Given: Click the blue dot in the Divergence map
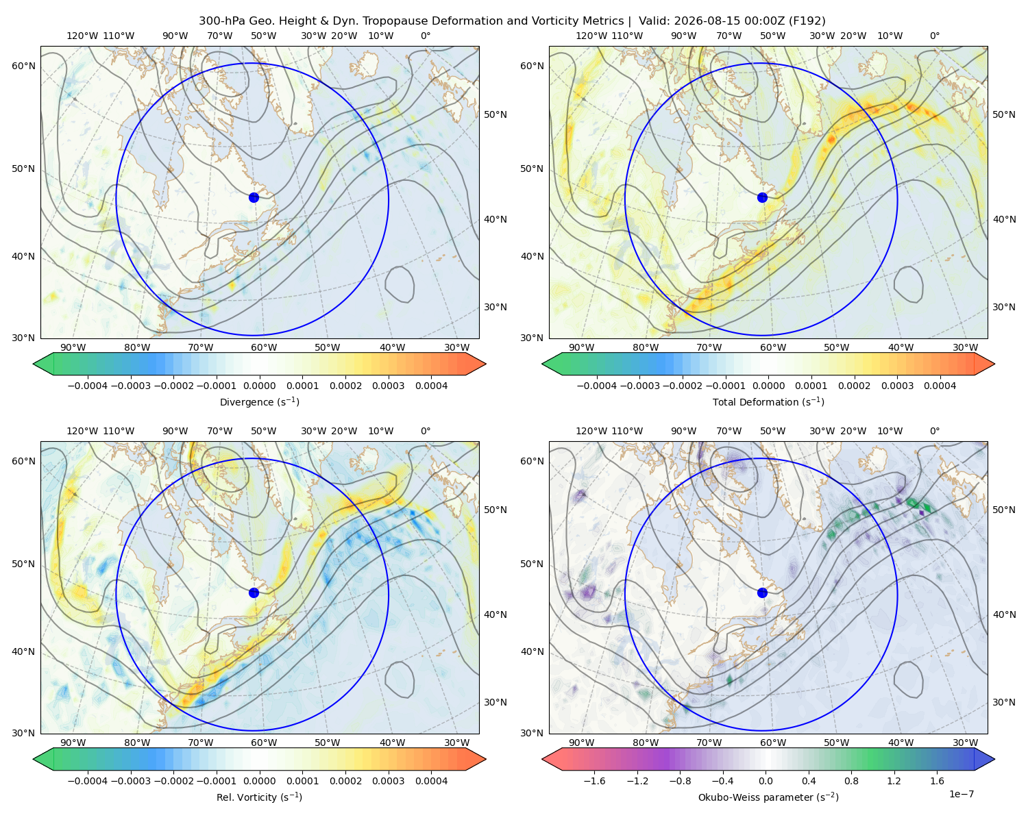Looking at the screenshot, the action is point(254,197).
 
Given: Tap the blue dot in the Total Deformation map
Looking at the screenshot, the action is point(762,197).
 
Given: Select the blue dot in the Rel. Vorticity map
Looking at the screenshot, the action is point(254,593).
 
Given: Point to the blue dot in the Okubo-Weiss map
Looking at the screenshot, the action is point(762,593).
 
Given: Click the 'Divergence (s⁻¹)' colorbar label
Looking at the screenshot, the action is point(259,401).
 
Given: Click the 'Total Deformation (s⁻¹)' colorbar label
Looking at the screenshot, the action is point(768,401).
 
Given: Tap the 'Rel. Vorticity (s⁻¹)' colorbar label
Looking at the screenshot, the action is point(259,797).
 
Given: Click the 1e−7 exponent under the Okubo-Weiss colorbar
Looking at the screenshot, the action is point(961,795).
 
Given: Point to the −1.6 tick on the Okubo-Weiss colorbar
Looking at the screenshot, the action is point(594,781).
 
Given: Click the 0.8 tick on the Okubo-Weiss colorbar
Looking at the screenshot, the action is point(851,781).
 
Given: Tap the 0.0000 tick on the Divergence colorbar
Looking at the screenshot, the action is point(259,386).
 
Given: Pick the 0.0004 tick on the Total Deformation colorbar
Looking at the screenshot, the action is point(940,386).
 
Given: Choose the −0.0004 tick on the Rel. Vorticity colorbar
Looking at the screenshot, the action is point(88,781).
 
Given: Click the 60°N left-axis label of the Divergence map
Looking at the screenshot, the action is point(23,66).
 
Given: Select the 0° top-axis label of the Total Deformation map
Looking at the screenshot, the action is point(934,36).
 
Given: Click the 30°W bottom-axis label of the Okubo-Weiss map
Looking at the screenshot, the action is point(965,743).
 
